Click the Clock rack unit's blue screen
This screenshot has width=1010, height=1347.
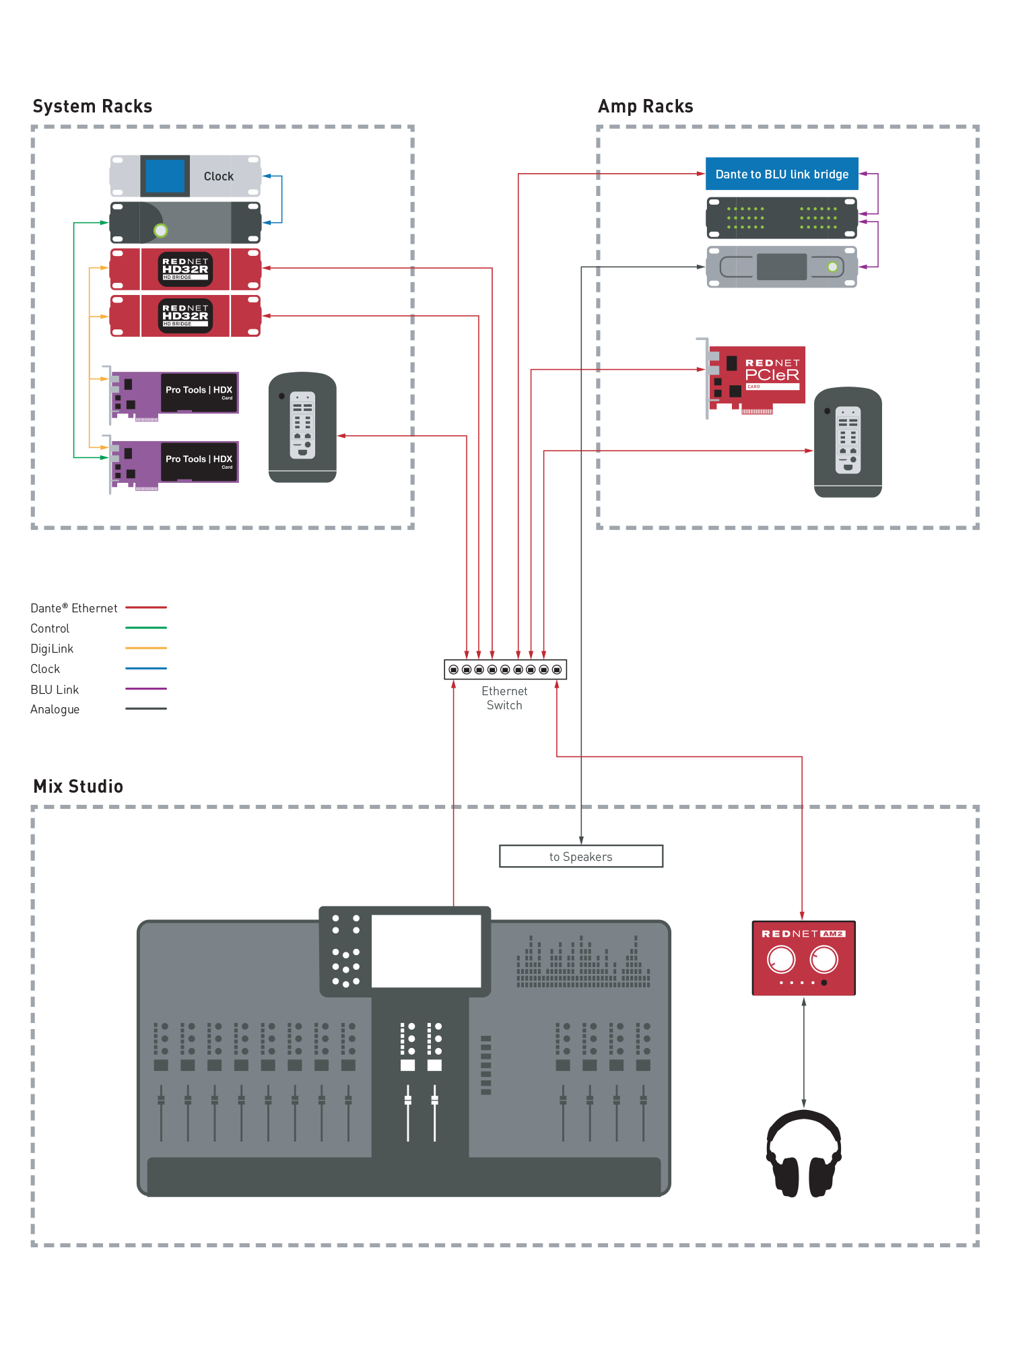click(165, 176)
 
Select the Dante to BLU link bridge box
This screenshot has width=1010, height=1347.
click(782, 174)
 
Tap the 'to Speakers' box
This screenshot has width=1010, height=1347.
click(580, 857)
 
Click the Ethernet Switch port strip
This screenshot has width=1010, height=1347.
click(505, 669)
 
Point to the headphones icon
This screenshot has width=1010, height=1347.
click(804, 1153)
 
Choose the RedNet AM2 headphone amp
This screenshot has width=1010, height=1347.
click(803, 958)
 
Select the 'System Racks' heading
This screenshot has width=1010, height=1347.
click(92, 106)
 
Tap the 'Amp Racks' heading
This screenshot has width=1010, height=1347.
click(645, 106)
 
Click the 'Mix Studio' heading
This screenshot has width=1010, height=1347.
click(78, 787)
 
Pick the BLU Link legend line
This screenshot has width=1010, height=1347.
click(146, 689)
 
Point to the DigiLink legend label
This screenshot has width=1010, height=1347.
click(52, 649)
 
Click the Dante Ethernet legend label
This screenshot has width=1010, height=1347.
click(73, 608)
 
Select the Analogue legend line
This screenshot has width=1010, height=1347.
click(146, 709)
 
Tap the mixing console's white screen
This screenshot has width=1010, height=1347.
click(426, 950)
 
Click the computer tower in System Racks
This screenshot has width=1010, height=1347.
click(302, 427)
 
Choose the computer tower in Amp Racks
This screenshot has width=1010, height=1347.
click(848, 442)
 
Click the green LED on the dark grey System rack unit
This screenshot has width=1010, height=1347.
click(160, 231)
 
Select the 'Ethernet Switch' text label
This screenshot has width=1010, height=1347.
click(504, 698)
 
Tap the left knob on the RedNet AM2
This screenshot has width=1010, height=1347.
click(781, 959)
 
